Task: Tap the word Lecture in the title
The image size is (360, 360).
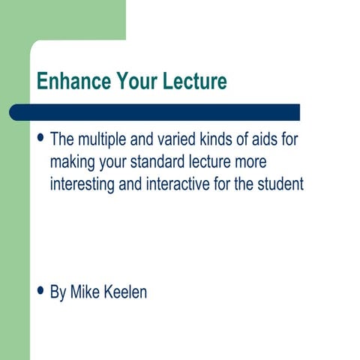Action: click(x=192, y=80)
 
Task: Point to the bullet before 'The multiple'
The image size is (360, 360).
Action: click(x=40, y=139)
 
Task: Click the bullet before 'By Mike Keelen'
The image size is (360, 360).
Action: click(x=40, y=292)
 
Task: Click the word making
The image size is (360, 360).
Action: click(x=73, y=163)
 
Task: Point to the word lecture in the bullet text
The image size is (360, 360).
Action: click(x=213, y=162)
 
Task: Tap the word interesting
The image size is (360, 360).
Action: click(x=82, y=184)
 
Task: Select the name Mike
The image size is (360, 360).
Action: click(x=85, y=292)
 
